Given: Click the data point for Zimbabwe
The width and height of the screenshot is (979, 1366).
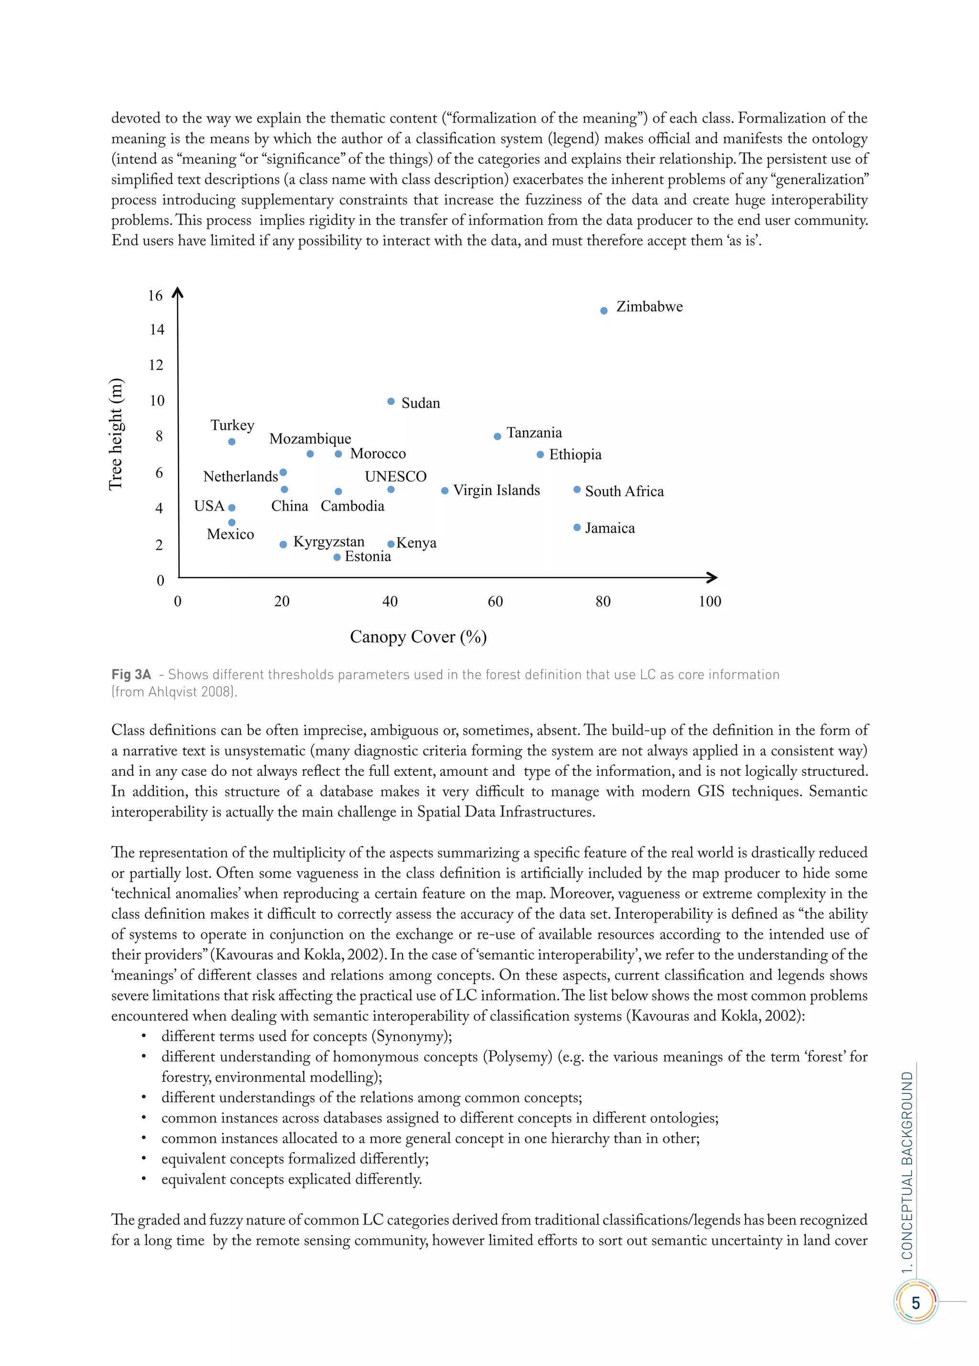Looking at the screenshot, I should pyautogui.click(x=604, y=311).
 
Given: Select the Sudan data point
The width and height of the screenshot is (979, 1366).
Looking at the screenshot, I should pyautogui.click(x=391, y=401).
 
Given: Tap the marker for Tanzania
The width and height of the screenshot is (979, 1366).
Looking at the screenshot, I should pyautogui.click(x=497, y=436).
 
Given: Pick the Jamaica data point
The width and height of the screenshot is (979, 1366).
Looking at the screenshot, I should pyautogui.click(x=577, y=528).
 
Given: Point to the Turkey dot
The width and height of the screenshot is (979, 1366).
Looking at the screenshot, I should pyautogui.click(x=231, y=442).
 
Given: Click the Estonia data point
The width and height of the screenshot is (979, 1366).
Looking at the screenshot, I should pyautogui.click(x=337, y=557).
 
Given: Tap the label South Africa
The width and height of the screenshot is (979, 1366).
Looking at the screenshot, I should pyautogui.click(x=624, y=491).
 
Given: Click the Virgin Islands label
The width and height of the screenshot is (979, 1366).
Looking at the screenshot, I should pyautogui.click(x=496, y=490).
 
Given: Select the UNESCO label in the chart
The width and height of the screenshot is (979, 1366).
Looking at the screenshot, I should pyautogui.click(x=395, y=477).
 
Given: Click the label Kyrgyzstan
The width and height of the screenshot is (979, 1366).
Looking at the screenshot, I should pyautogui.click(x=328, y=542).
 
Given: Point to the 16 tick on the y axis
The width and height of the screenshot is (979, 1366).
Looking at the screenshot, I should pyautogui.click(x=155, y=295).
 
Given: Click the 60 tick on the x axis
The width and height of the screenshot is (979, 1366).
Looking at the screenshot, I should pyautogui.click(x=495, y=601).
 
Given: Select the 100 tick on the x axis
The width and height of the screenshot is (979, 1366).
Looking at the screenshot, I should pyautogui.click(x=710, y=601).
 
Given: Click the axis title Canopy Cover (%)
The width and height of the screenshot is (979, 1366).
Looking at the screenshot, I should pyautogui.click(x=418, y=637).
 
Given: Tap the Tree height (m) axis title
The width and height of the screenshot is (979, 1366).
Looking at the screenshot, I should pyautogui.click(x=115, y=434).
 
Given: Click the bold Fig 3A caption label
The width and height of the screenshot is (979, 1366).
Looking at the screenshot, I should pyautogui.click(x=131, y=674).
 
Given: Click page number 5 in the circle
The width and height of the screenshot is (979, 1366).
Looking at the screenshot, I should pyautogui.click(x=915, y=1303).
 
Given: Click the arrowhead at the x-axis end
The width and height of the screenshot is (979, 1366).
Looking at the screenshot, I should pyautogui.click(x=713, y=577).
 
